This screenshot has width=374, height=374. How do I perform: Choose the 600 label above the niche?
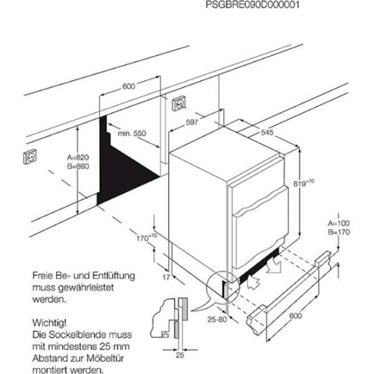pyautogui.click(x=127, y=87)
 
